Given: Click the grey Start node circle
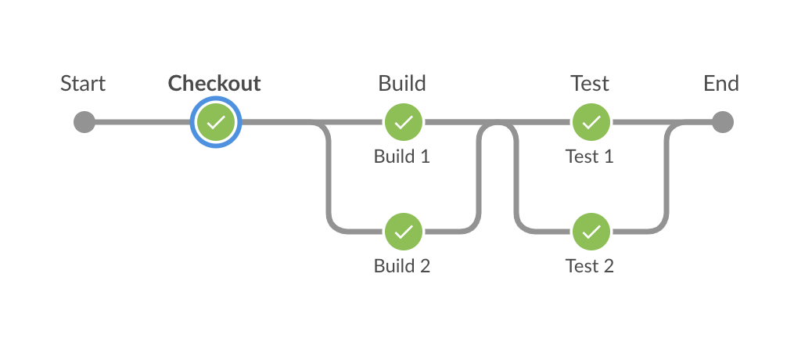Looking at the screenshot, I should (x=84, y=122).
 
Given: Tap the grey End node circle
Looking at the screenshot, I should (x=722, y=122).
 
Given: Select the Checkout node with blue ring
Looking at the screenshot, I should (x=216, y=122).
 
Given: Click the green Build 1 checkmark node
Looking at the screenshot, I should (x=403, y=122).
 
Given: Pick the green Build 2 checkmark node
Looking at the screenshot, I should (x=403, y=232).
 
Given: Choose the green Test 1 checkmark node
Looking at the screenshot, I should (x=592, y=122).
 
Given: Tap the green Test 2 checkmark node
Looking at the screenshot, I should (x=592, y=232).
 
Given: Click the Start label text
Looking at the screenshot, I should (x=83, y=83).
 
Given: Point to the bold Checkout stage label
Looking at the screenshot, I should (x=214, y=83).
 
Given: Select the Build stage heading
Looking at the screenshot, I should (x=402, y=83).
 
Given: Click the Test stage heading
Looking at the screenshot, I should (x=590, y=83).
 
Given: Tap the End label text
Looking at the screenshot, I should (x=721, y=83).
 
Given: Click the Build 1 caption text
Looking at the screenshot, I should (x=402, y=157).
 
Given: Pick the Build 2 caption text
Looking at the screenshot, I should (x=402, y=266).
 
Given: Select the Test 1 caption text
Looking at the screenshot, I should (x=590, y=157).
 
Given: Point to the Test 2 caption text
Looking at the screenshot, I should (x=590, y=266).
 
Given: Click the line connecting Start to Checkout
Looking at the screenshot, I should (x=141, y=122).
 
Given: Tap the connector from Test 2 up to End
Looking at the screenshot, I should (x=666, y=180).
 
